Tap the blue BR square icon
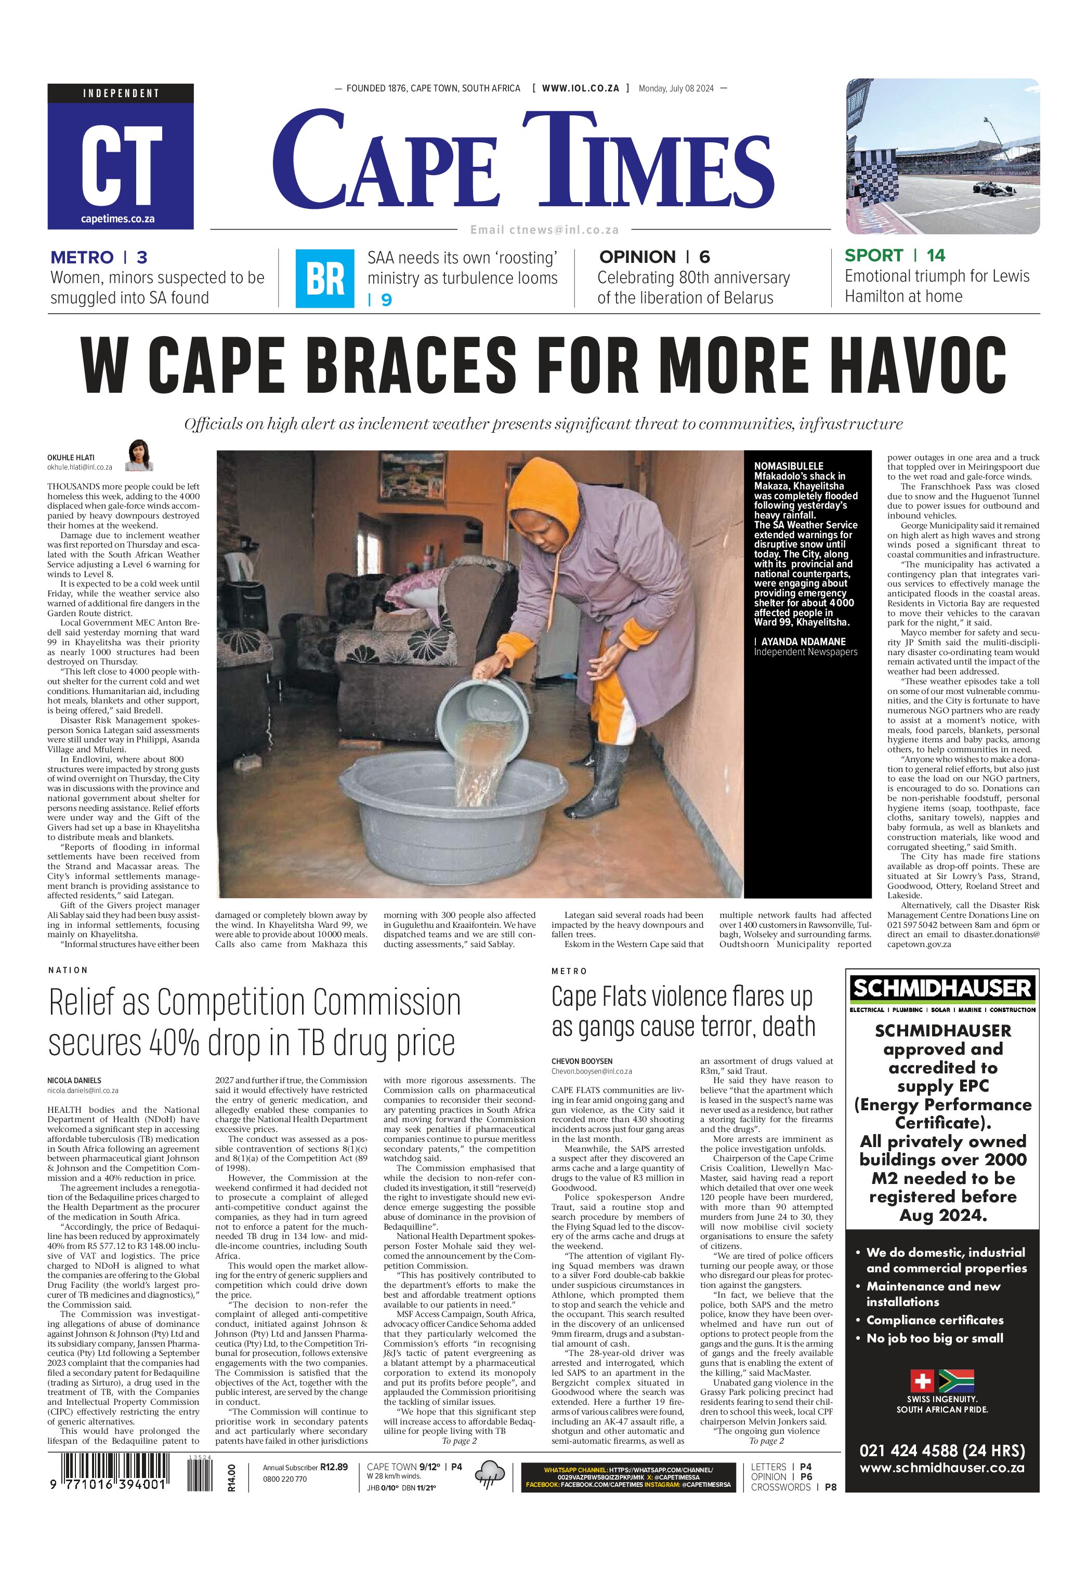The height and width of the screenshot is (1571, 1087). pos(325,278)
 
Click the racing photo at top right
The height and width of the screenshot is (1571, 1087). pos(942,156)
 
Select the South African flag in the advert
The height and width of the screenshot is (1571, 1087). pos(956,1381)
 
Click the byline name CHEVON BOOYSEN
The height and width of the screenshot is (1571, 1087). pos(582,1061)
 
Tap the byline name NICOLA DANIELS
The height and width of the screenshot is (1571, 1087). pos(74,1080)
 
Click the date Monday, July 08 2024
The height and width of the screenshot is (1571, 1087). pos(676,88)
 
